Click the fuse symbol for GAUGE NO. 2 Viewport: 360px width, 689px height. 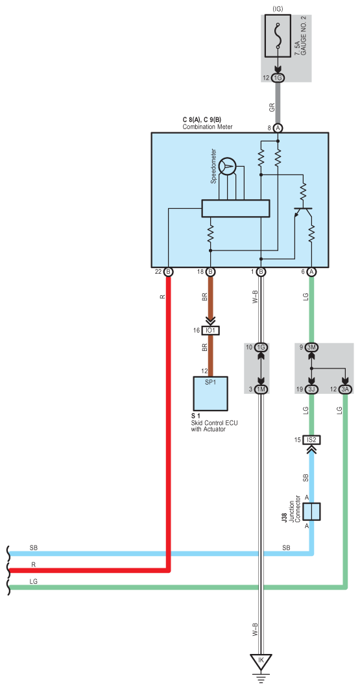point(278,36)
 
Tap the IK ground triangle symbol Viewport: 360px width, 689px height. point(261,661)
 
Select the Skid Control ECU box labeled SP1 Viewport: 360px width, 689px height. point(211,393)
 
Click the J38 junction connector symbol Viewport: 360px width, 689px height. point(312,511)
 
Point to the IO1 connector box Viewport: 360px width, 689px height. point(211,330)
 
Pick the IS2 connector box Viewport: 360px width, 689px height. point(312,439)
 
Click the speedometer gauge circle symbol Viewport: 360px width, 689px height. point(227,166)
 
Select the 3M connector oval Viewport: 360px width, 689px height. point(311,348)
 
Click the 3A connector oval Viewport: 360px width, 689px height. point(346,389)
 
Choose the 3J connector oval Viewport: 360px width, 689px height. point(311,389)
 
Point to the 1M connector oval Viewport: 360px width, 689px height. point(261,389)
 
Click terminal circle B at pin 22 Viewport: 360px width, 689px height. point(169,272)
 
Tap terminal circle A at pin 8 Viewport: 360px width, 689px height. point(278,128)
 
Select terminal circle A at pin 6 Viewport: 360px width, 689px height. point(311,272)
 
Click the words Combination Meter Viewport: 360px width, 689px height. point(208,127)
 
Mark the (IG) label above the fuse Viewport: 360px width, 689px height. point(278,9)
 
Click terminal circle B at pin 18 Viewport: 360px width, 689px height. point(211,272)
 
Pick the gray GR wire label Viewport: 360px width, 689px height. point(272,106)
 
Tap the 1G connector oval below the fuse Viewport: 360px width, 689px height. point(278,78)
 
